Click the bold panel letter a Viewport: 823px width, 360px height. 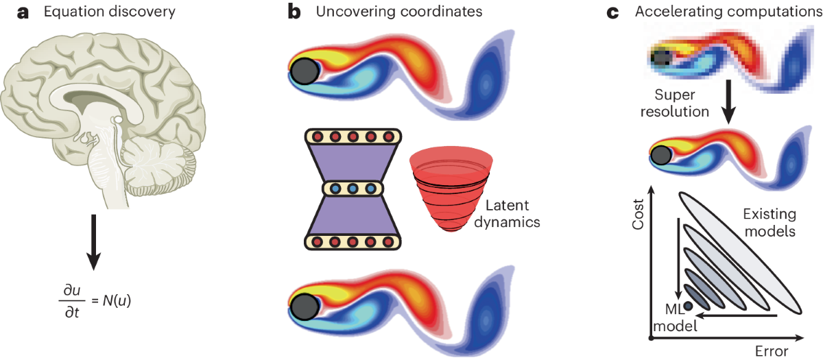coord(10,12)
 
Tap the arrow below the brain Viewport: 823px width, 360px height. coord(95,248)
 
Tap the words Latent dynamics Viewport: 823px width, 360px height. coord(510,213)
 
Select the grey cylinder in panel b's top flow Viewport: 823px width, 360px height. coord(305,71)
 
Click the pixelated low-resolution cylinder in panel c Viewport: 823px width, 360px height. coord(661,57)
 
